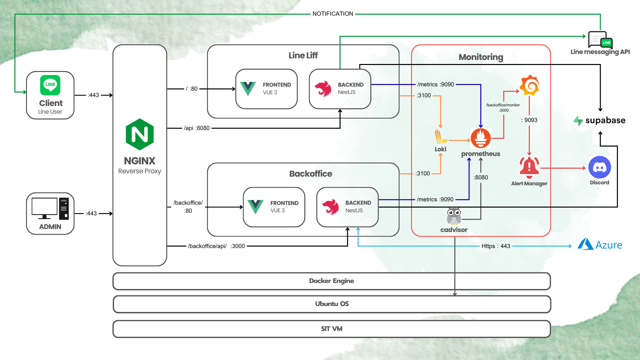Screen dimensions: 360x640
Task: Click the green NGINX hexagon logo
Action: [140, 134]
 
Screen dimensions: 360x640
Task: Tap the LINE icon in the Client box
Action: [50, 85]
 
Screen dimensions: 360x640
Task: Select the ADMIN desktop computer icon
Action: [50, 209]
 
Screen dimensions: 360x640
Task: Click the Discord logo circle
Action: [599, 167]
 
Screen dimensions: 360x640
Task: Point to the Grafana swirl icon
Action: [529, 85]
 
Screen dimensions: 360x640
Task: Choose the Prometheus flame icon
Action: [481, 138]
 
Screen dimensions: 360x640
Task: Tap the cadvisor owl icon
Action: [454, 216]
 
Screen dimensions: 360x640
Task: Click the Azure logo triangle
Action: [585, 244]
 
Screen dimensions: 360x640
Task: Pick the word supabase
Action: [605, 120]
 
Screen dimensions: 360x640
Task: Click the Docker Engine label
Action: [331, 281]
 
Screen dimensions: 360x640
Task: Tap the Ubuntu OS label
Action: [332, 304]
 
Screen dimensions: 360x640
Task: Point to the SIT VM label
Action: [331, 329]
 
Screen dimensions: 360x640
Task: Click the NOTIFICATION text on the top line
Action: [333, 14]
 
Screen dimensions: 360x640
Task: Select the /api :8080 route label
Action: [197, 128]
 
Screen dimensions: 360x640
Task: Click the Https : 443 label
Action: [496, 246]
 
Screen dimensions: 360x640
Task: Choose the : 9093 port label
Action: [529, 120]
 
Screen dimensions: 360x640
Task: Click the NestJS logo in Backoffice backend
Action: [330, 207]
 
